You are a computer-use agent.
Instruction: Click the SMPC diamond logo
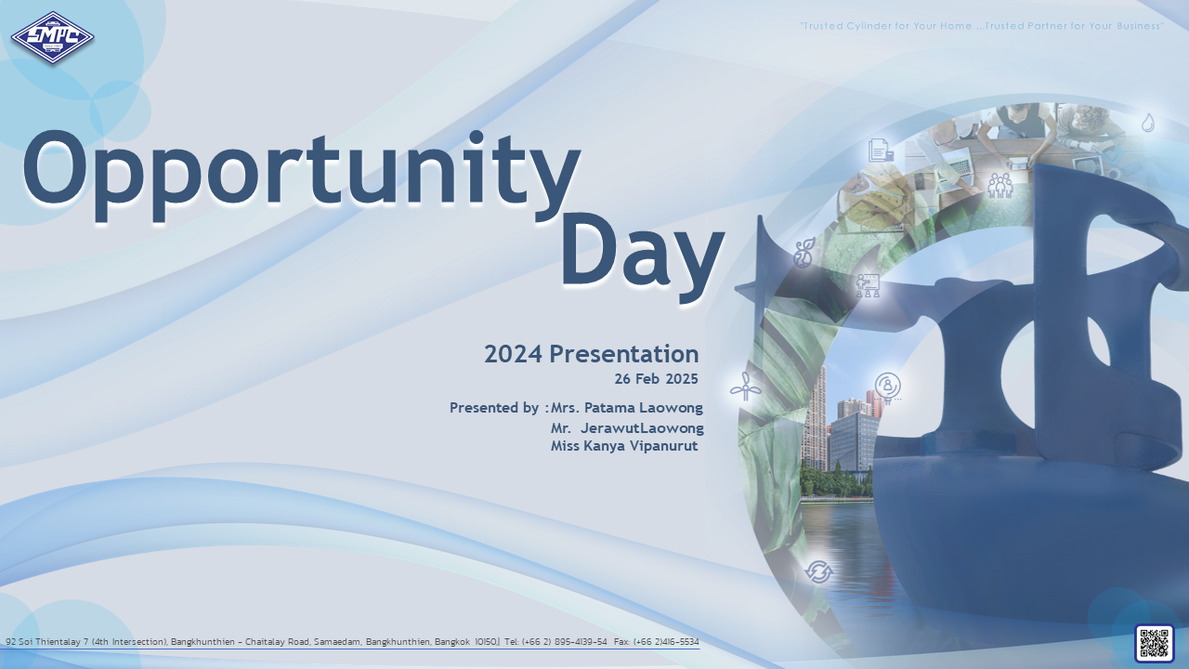[53, 38]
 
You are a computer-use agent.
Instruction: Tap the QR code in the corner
[1154, 644]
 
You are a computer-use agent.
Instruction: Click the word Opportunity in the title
[301, 175]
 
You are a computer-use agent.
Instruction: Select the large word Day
[643, 257]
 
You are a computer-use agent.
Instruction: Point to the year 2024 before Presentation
[513, 354]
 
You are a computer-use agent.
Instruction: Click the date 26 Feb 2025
[656, 378]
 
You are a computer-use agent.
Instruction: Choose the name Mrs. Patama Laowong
[627, 408]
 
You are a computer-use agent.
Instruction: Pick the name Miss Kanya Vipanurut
[624, 445]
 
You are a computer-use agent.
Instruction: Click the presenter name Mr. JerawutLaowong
[627, 428]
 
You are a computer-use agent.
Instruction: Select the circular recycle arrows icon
[818, 571]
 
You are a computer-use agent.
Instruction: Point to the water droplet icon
[1147, 123]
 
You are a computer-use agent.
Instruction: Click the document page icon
[881, 151]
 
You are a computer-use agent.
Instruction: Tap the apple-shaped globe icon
[804, 253]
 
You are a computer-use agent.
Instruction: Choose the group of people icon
[1000, 186]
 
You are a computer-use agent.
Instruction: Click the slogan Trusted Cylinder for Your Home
[886, 26]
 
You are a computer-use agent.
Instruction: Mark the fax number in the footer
[657, 642]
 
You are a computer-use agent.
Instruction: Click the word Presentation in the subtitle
[623, 354]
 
